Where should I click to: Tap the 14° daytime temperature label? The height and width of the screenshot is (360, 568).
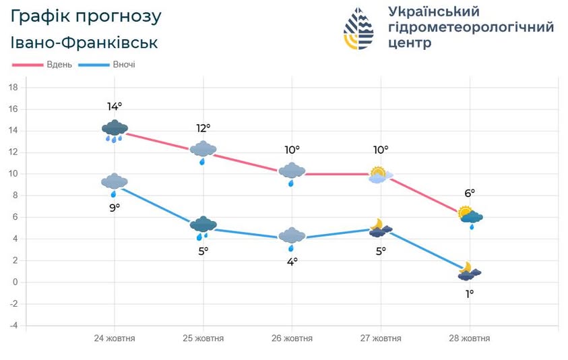coord(115,107)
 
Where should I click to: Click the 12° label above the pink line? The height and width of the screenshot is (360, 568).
coord(203,127)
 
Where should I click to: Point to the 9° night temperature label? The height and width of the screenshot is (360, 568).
coord(115,207)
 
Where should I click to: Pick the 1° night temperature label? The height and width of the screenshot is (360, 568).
coord(470,293)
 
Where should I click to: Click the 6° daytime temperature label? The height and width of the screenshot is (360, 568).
coord(470,193)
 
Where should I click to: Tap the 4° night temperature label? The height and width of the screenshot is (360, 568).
coord(292,261)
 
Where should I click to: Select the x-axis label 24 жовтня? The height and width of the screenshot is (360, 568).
coord(115,338)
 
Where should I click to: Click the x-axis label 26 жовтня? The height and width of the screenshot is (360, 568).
coord(292,338)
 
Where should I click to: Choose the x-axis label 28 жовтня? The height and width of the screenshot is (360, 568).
coord(470,338)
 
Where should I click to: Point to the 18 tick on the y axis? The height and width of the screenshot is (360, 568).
coord(13,88)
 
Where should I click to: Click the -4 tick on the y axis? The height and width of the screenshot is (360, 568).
coord(13,326)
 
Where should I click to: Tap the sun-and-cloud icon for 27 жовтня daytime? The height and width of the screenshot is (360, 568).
coord(380,175)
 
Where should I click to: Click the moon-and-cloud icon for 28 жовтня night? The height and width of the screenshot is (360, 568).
coord(469,272)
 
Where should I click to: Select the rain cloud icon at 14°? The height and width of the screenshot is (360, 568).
coord(115,130)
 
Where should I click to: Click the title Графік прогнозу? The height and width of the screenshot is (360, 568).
coord(86,16)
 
